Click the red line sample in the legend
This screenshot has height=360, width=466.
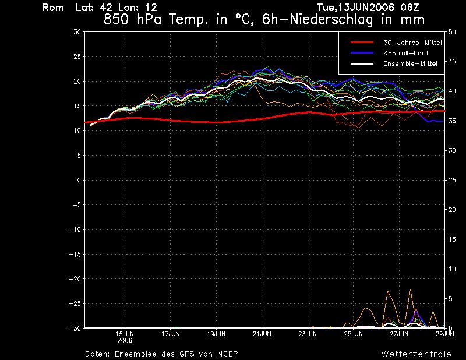(361, 43)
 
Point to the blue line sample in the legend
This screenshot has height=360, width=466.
(361, 53)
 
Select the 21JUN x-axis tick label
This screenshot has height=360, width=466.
(262, 334)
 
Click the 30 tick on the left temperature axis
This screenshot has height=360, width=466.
(77, 32)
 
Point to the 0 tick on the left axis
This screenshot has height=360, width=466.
(79, 180)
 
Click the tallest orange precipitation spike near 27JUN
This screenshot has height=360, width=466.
(410, 290)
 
